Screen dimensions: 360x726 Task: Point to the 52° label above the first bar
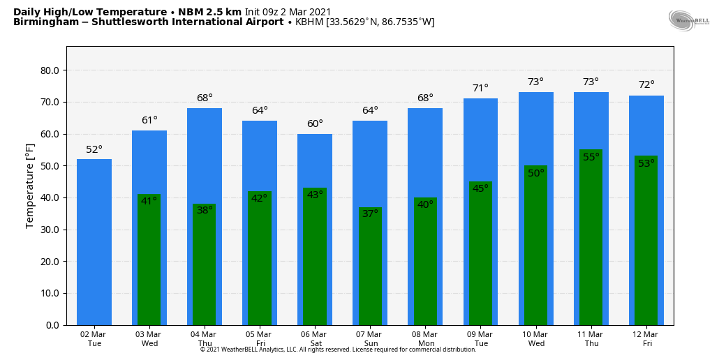coord(94,150)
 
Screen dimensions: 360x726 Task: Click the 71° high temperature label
coord(480,89)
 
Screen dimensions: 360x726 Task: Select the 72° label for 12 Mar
coord(646,85)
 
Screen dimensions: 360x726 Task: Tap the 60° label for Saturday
coord(315,124)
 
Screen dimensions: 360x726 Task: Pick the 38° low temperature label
coord(205,210)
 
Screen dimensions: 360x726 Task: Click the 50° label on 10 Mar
coord(535,174)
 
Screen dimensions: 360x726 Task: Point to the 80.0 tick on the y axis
coord(50,70)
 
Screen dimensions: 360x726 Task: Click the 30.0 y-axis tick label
coord(50,230)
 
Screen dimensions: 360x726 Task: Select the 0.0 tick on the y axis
coord(52,325)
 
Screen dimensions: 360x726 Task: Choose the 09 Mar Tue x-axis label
coord(481,339)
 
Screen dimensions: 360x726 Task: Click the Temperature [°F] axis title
coord(30,186)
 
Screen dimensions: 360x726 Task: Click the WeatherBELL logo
coord(688,21)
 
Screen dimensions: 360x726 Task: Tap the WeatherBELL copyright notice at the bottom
coord(338,350)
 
